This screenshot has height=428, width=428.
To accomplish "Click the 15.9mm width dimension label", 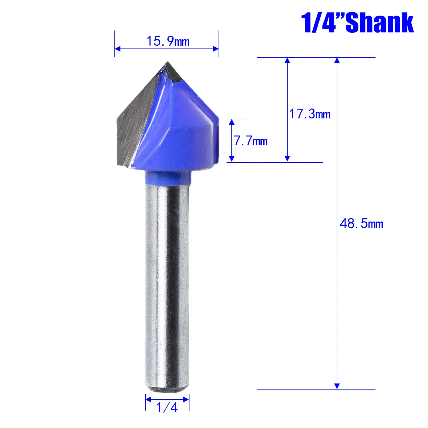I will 168,41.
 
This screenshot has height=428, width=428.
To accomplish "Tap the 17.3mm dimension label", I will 310,114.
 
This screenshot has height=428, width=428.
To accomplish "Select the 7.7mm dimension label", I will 251,141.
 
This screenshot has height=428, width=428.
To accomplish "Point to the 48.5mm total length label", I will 361,223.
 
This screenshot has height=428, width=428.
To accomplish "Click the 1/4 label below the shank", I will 167,407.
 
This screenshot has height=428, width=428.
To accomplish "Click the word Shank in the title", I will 379,23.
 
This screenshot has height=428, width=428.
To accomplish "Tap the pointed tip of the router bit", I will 168,62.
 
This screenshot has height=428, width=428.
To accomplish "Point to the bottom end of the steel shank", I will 167,388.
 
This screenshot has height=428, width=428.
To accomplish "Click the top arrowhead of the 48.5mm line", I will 337,60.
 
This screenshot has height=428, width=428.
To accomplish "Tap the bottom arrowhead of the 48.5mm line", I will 337,386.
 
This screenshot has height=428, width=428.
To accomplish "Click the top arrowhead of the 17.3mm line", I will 287,60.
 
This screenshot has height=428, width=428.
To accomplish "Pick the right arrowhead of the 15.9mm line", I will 216,49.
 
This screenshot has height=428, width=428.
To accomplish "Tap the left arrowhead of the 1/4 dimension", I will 148,399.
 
